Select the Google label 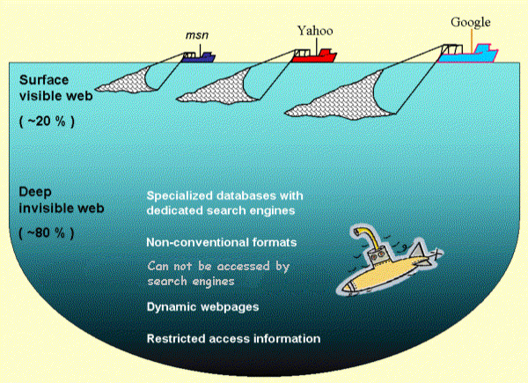pos(471,22)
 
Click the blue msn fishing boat pos(200,57)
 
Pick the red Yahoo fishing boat pos(314,57)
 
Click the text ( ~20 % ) pos(47,119)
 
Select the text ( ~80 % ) pos(47,233)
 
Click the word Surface pos(42,77)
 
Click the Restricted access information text pos(233,338)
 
